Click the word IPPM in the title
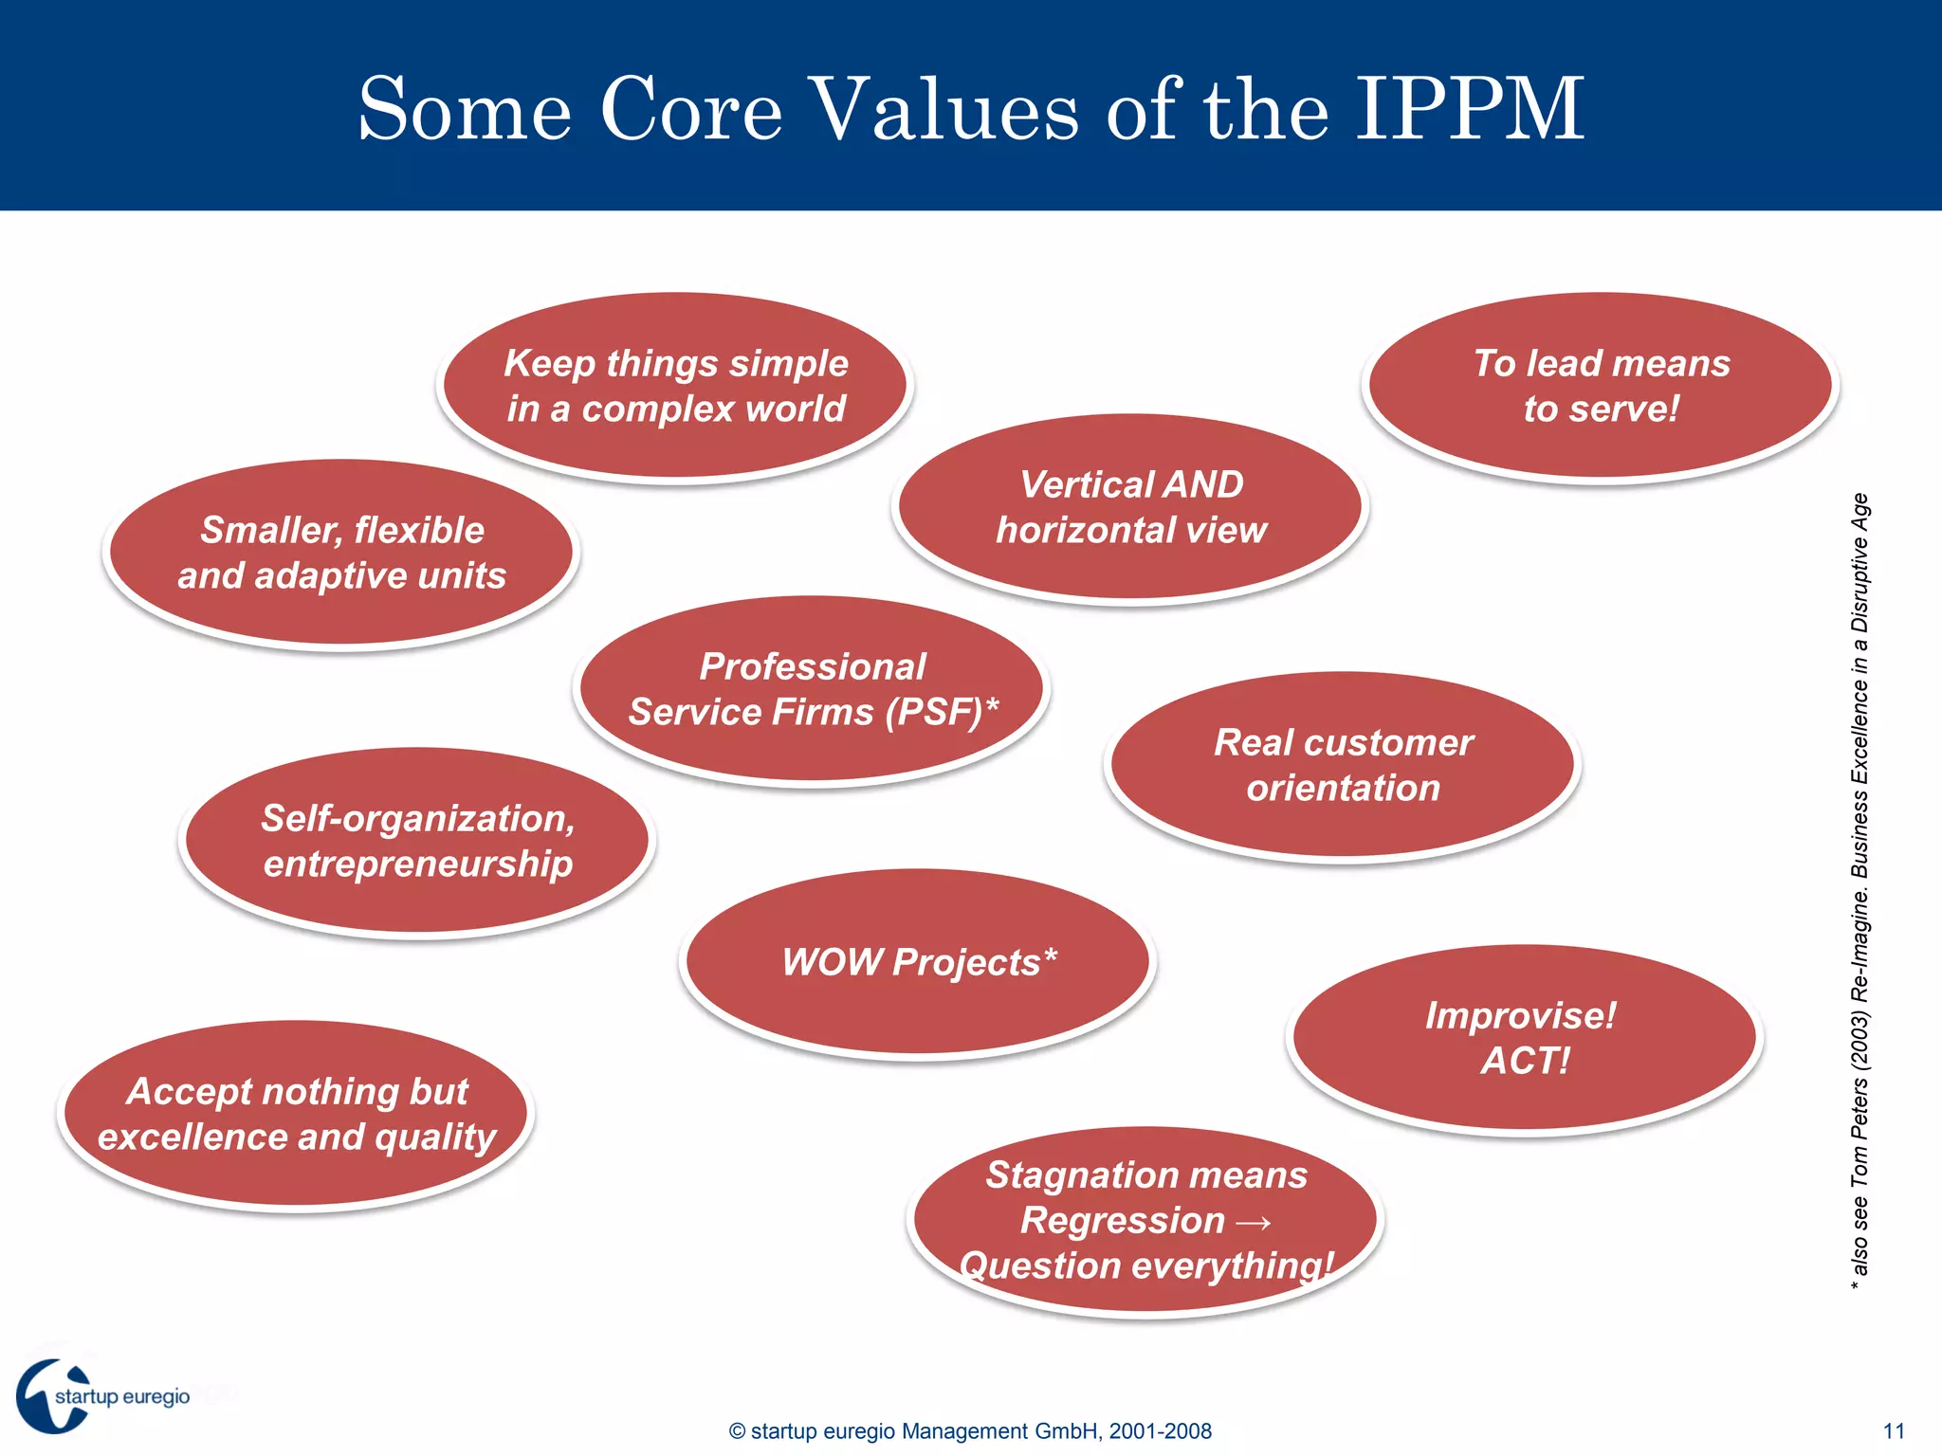click(x=1469, y=109)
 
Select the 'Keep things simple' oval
click(x=674, y=386)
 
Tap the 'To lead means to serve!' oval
click(x=1601, y=386)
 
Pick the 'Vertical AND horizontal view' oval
click(x=1130, y=507)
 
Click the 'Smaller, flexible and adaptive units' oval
click(x=341, y=553)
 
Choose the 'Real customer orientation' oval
click(x=1343, y=765)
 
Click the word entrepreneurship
click(x=418, y=864)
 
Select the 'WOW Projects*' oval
click(x=918, y=962)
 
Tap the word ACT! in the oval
click(x=1525, y=1061)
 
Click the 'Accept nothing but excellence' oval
click(x=296, y=1114)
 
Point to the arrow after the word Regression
click(x=1254, y=1222)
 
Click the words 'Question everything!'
click(x=1145, y=1266)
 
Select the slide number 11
click(x=1894, y=1431)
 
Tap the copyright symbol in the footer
click(x=737, y=1431)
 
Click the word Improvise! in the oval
click(x=1520, y=1015)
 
